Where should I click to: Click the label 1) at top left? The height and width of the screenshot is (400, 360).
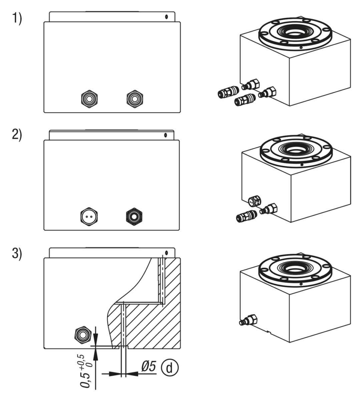click(x=17, y=19)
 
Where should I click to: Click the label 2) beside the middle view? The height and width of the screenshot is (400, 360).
click(x=17, y=135)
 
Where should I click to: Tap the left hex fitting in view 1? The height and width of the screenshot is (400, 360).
click(x=89, y=99)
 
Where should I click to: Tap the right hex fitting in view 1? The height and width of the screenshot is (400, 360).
click(x=135, y=99)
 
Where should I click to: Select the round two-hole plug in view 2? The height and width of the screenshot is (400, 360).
click(x=89, y=217)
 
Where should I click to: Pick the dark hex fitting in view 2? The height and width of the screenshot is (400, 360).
click(x=134, y=217)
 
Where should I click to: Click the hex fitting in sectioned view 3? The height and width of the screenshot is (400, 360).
click(x=83, y=335)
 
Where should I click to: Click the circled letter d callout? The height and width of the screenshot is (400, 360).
click(x=169, y=368)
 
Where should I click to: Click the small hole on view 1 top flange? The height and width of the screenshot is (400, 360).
click(x=166, y=17)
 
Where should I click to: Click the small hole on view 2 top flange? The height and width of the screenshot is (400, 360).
click(x=165, y=135)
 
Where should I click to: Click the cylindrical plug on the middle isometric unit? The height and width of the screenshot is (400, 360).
click(x=255, y=201)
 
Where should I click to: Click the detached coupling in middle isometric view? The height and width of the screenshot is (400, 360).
click(x=246, y=216)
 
